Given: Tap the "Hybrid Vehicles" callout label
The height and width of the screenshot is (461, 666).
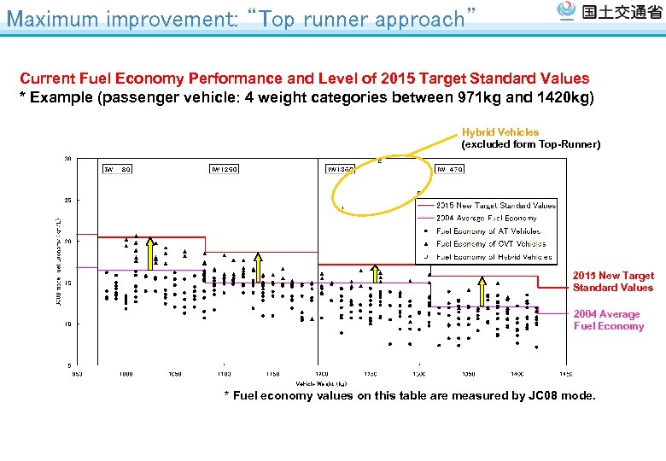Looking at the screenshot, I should [500, 132].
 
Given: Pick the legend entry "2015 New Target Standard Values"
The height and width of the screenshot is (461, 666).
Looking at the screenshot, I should [495, 205].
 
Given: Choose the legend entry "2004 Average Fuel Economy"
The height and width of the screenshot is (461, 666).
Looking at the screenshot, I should [486, 218].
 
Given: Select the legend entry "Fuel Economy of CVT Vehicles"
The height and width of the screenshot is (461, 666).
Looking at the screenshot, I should [490, 243].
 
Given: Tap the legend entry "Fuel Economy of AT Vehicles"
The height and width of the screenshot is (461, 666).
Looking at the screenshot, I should [488, 230].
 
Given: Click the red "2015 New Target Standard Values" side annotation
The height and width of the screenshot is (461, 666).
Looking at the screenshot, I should [613, 281].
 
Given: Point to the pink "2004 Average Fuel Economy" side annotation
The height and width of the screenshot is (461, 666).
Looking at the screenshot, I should [608, 320].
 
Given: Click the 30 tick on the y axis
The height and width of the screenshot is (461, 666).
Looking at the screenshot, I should [67, 159].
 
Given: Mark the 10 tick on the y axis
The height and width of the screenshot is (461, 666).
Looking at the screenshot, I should [67, 324].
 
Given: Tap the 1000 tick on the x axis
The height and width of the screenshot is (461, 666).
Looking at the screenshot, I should [126, 374].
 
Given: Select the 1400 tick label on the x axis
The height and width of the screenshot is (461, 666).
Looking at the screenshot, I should [517, 374].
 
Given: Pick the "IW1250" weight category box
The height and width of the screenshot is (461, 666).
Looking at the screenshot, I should [225, 169].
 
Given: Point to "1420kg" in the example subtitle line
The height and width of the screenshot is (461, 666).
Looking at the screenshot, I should [564, 97].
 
